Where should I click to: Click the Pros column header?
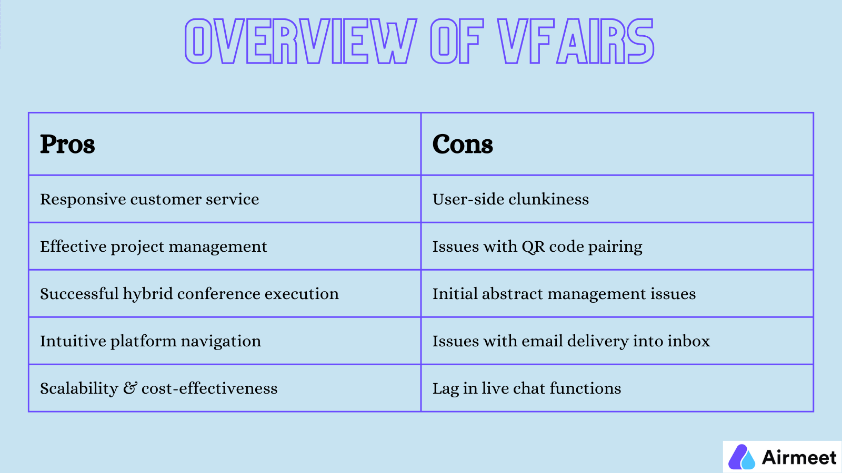tap(67, 144)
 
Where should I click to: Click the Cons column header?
tap(463, 144)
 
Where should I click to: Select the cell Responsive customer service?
tap(149, 199)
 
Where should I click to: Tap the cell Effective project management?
tap(154, 246)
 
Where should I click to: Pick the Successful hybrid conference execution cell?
tap(189, 294)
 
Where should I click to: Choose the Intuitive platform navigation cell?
tap(151, 341)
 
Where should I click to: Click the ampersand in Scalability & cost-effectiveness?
tap(129, 388)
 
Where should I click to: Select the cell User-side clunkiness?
tap(510, 199)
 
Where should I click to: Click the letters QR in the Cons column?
tap(533, 246)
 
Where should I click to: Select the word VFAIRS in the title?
tap(576, 42)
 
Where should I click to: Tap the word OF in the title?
tap(456, 42)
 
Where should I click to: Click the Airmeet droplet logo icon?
tap(741, 457)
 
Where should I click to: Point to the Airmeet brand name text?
tap(799, 457)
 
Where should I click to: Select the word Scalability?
tap(79, 388)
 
